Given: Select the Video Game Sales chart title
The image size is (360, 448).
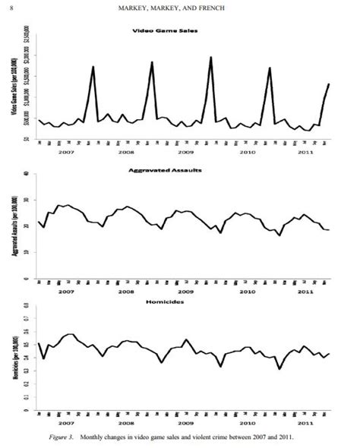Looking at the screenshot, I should point(180,30).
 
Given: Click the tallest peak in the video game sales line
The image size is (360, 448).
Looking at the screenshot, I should point(210,58).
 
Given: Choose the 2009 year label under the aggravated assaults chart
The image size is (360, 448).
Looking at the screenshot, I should point(185,291).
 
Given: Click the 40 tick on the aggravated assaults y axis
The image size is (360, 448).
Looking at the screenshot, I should point(27,174).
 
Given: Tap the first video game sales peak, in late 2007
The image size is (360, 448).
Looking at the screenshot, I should point(93,67).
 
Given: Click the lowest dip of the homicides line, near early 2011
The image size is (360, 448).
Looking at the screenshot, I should point(280,369).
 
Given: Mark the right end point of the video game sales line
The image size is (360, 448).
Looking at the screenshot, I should point(329,84).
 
